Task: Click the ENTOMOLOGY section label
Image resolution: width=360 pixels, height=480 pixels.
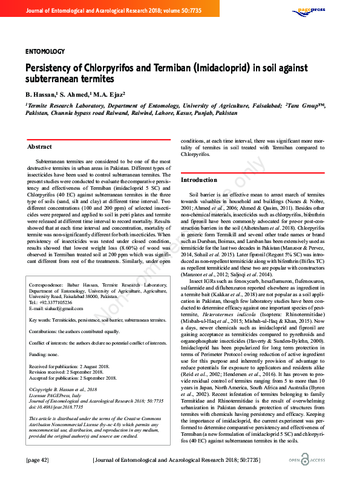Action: coord(45,51)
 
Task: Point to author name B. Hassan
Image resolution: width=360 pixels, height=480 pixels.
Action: coord(40,95)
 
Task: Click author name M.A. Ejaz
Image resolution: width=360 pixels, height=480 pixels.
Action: coord(109,95)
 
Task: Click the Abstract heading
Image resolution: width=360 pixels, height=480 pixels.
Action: coord(40,147)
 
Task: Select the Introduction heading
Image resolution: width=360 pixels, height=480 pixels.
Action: coord(199,180)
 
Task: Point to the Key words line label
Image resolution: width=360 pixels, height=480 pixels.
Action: coord(41,319)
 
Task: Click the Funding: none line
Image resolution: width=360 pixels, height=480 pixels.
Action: coord(45,355)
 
